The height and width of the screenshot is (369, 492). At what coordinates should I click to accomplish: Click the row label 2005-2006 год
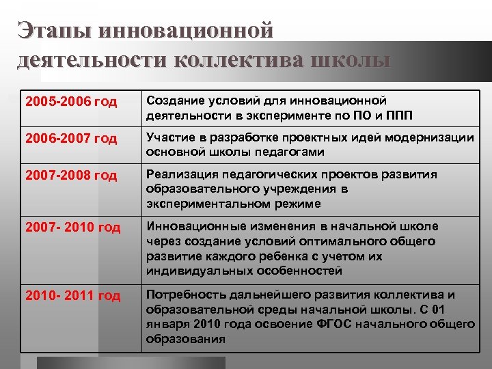pos(70,102)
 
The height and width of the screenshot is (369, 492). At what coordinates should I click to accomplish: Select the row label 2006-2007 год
pos(70,139)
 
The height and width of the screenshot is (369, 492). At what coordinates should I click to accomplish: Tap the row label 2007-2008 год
pos(70,176)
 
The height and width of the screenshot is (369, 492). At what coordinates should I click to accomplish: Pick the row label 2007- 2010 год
pos(72,228)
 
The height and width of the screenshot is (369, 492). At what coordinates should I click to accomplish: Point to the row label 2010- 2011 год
pos(72,296)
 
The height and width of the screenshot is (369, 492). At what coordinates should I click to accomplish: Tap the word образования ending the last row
pos(184,339)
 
